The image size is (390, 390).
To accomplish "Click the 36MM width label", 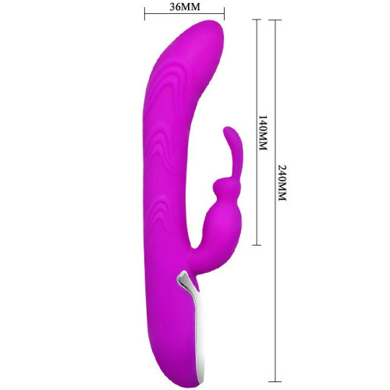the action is point(185,7).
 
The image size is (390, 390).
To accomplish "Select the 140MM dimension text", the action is point(263,133).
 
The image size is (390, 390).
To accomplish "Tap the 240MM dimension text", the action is point(282,183).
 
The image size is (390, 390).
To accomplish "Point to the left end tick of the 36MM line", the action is point(145,14).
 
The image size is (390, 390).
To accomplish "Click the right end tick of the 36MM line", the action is point(224,14).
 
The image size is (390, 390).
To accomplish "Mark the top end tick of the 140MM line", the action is point(257,19).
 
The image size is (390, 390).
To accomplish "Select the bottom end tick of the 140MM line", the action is point(257,245).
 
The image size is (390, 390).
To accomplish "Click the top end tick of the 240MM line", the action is point(275,20).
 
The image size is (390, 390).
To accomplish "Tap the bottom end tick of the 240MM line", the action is point(275,381).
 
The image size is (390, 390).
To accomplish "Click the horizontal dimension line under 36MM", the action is point(185,14).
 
